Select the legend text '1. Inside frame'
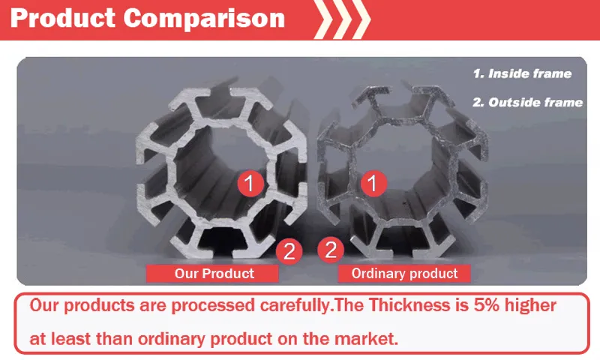521,74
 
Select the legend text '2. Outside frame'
527,102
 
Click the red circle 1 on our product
250,182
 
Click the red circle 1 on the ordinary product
370,182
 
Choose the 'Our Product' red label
214,273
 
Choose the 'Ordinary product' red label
404,273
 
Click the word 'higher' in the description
529,306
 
